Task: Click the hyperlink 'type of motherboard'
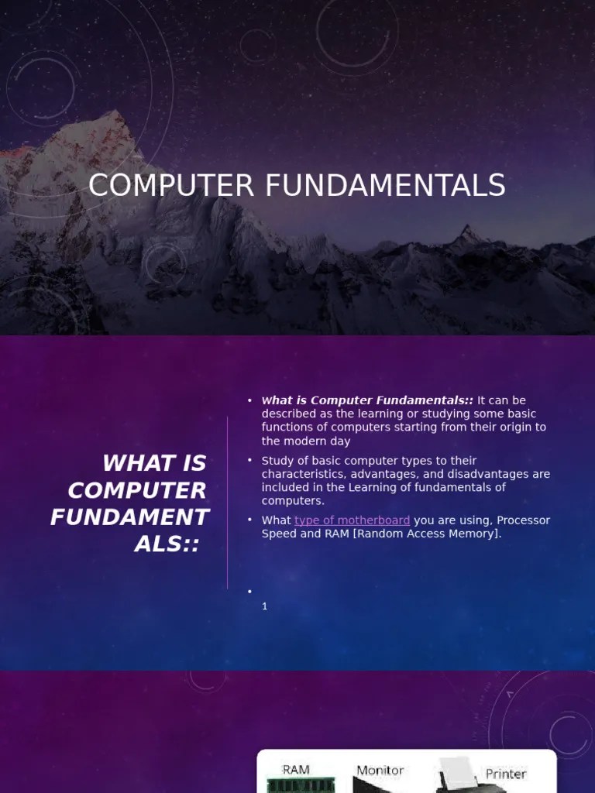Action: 352,520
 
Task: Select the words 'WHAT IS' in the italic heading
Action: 154,463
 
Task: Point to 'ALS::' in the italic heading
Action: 167,544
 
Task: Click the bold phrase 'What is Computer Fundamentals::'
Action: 367,400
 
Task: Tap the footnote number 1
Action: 265,606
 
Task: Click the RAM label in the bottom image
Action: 296,770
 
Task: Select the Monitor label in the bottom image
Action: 380,771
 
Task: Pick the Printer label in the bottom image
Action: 506,774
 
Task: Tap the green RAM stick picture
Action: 301,786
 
